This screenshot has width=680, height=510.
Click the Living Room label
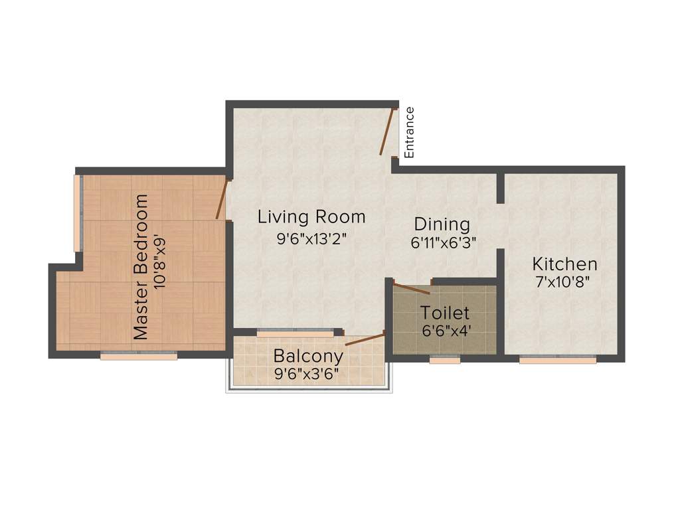(311, 216)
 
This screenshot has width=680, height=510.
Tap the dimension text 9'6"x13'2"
(311, 238)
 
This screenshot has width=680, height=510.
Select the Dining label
(442, 224)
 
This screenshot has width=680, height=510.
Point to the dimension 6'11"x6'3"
(443, 242)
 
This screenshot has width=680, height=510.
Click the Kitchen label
(564, 263)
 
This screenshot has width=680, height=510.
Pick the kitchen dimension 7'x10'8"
(563, 281)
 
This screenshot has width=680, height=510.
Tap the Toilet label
(445, 312)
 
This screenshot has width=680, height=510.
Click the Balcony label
(308, 355)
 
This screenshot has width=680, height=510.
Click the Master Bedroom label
(141, 267)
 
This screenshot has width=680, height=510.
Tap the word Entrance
(410, 132)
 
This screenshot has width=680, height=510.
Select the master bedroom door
(222, 199)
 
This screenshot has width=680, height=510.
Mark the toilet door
(411, 288)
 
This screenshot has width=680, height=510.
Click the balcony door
(365, 340)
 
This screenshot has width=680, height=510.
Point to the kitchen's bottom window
(557, 359)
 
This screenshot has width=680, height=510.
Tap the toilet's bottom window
(444, 359)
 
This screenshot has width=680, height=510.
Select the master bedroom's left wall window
(78, 213)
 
